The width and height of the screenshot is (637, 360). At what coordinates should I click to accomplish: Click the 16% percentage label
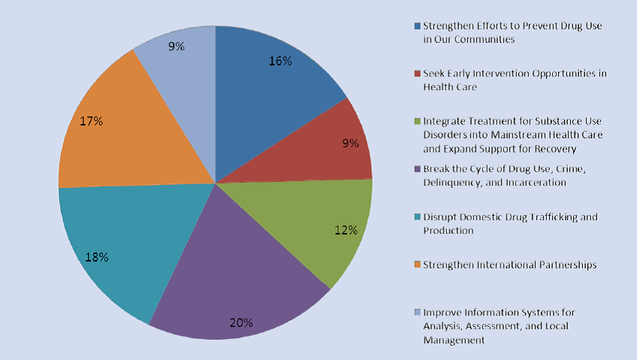[x=280, y=61]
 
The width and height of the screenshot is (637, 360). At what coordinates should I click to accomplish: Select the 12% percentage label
[x=346, y=229]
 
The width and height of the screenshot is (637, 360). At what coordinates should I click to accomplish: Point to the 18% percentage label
[x=97, y=257]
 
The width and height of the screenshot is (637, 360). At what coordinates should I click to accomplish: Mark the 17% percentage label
[x=90, y=120]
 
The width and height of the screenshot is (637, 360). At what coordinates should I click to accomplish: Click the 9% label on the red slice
[x=350, y=143]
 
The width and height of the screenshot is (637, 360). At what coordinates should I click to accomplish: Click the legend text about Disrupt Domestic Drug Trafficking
[x=510, y=223]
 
